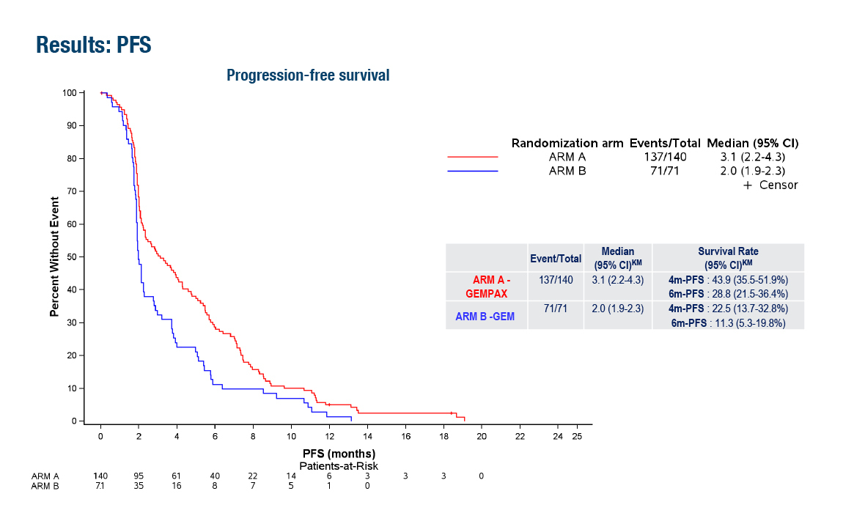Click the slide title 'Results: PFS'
coord(93,45)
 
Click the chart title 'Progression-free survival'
coord(308,75)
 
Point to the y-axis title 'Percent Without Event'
coord(54,256)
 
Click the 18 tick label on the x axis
coord(443,436)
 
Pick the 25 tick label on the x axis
coord(576,436)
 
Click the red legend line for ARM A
coord(472,157)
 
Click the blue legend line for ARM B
coord(472,171)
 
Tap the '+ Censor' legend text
coord(770,185)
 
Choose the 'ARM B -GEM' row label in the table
coord(486,316)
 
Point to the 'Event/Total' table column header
coord(556,258)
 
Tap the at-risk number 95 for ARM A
coord(139,476)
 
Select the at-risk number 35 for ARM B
coord(139,485)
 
